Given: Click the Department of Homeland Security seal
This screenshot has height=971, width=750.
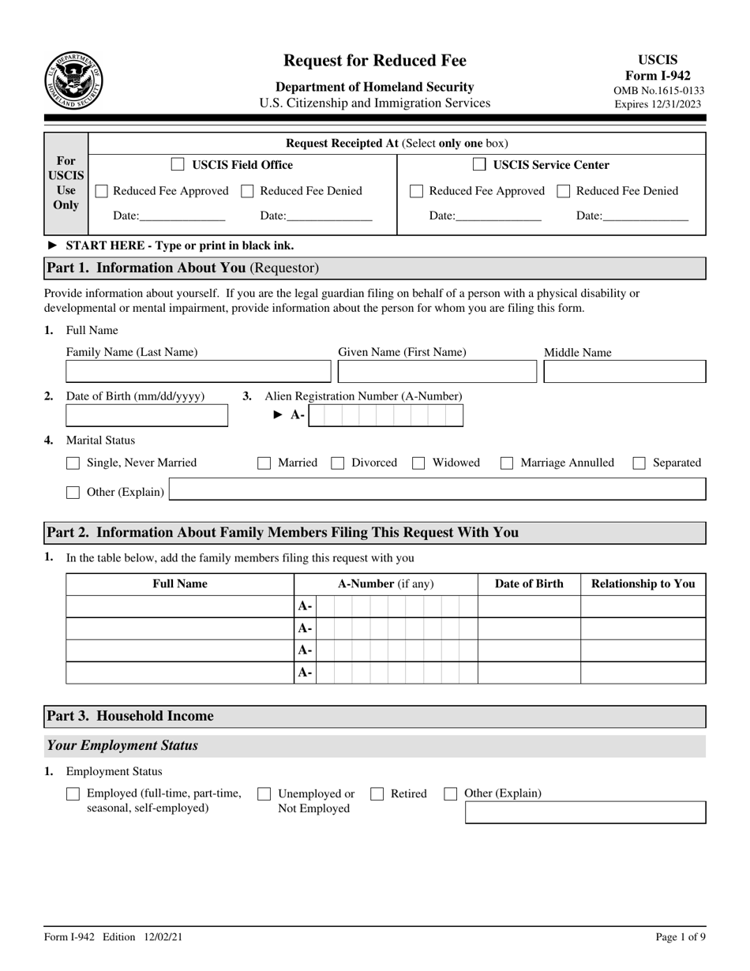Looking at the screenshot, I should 74,81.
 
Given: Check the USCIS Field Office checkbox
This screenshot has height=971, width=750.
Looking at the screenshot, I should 178,165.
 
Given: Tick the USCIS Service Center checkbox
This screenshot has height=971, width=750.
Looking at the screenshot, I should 479,165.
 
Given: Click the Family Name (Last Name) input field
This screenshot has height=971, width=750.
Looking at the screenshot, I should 198,372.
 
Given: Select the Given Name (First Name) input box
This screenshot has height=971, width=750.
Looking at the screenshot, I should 437,372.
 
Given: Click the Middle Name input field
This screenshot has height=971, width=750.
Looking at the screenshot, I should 624,372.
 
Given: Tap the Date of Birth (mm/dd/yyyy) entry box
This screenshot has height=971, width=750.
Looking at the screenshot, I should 147,415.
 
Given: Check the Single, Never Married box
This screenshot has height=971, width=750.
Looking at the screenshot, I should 73,463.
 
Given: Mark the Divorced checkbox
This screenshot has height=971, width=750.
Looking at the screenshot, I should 338,463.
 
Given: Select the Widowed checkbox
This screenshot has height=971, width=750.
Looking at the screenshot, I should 419,463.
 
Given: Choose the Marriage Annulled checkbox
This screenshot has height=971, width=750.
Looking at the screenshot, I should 508,463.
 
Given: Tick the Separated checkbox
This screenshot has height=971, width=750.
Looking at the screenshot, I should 639,463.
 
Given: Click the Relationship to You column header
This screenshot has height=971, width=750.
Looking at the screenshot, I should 643,584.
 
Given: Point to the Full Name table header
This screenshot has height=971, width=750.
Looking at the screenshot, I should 180,584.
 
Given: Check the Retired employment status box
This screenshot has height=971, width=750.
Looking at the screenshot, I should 377,794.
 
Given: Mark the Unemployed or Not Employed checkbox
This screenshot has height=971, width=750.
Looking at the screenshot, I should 264,794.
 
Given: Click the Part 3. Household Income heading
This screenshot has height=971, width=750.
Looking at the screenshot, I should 130,716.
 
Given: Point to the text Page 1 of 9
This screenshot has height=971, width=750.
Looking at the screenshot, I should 681,937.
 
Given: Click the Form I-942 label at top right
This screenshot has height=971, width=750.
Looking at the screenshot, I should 662,76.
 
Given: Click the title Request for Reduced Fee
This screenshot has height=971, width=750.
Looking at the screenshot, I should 375,61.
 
